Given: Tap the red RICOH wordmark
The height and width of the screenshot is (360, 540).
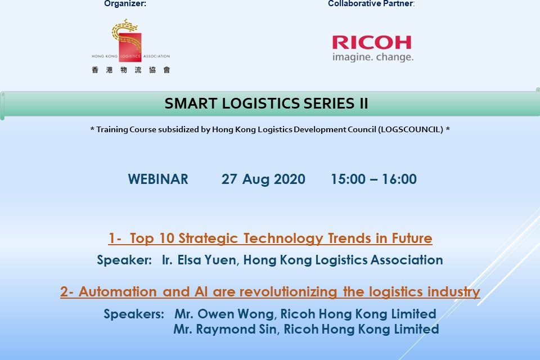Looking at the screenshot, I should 371,43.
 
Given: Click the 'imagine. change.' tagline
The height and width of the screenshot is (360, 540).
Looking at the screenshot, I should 372,57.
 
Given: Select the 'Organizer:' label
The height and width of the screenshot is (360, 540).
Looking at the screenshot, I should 125,4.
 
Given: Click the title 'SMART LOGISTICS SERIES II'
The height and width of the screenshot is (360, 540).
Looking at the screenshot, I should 267,103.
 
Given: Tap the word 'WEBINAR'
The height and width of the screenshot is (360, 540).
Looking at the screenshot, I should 158,179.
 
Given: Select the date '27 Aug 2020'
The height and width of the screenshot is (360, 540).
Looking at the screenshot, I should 263,179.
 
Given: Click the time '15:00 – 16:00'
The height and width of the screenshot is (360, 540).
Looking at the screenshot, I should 373,179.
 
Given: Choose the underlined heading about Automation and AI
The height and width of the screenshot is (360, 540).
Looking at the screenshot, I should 270,292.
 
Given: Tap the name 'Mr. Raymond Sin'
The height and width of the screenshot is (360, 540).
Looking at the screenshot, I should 224,329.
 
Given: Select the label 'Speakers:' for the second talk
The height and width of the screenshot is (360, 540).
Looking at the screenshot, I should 134,314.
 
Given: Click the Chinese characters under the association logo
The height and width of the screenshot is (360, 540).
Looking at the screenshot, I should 130,70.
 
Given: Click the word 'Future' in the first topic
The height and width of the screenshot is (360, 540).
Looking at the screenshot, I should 413,238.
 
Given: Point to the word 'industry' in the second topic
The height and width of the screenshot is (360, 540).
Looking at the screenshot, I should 457,292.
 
